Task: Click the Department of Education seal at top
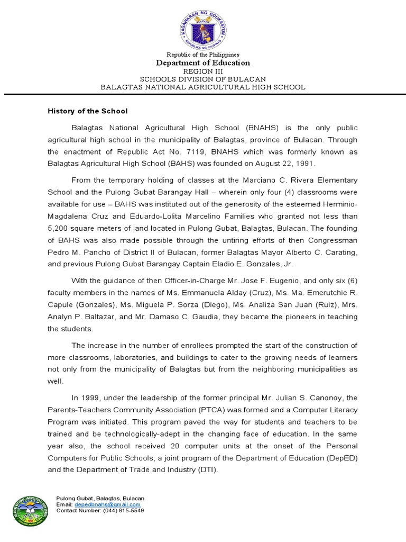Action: (x=203, y=28)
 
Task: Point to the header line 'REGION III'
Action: (x=203, y=71)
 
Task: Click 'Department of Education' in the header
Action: (x=203, y=63)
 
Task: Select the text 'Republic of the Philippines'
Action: (x=203, y=55)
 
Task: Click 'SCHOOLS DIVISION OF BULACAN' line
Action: (x=203, y=79)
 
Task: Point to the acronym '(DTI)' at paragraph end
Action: (x=206, y=469)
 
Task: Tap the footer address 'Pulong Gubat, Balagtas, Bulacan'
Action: (x=100, y=499)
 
